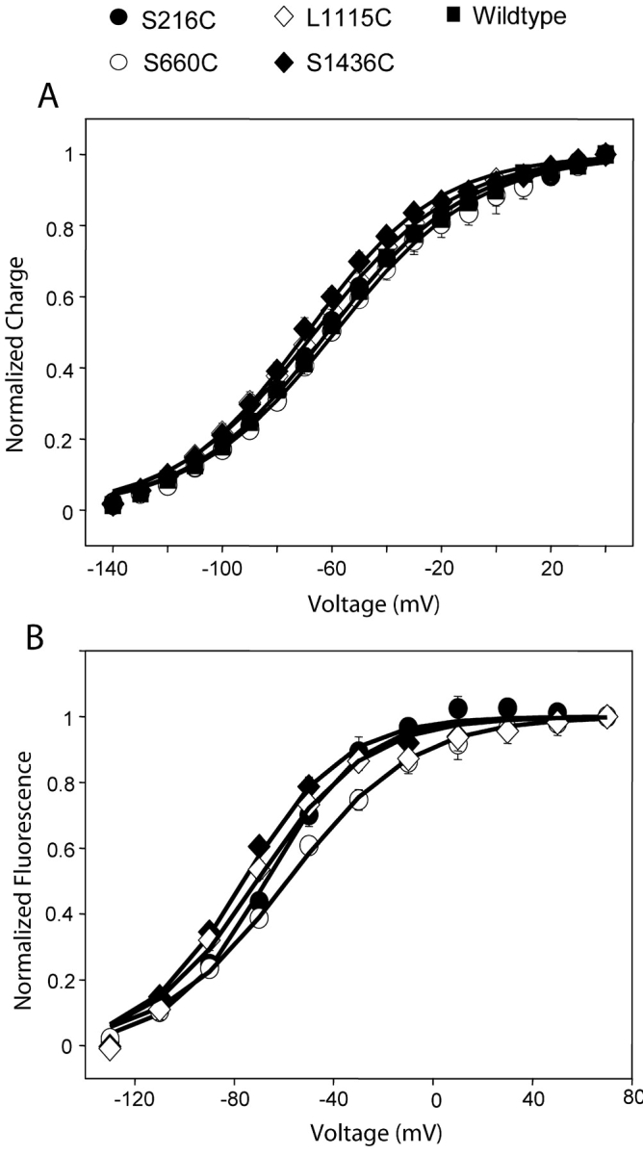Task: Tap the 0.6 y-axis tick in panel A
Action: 63,297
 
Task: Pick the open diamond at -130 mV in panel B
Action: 110,1048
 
